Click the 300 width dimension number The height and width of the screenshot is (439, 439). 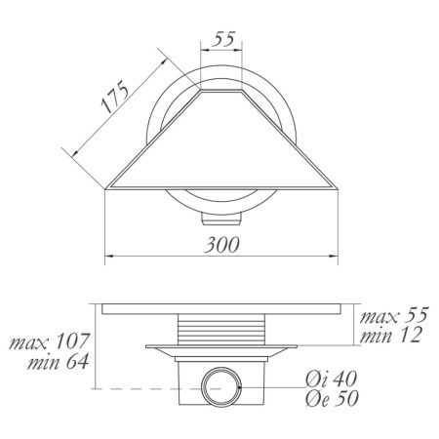tap(221, 245)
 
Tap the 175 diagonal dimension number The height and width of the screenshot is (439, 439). tap(114, 97)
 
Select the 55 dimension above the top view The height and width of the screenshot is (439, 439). tap(223, 39)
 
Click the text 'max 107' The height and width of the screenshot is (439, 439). tap(49, 341)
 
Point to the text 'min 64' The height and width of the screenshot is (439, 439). tap(59, 361)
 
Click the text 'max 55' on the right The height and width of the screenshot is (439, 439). tap(394, 315)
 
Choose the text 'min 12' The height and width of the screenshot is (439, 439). tap(391, 335)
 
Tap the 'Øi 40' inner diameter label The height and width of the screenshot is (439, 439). tap(332, 379)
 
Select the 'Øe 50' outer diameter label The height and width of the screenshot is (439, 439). tap(332, 398)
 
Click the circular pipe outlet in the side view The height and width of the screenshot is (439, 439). tap(221, 387)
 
